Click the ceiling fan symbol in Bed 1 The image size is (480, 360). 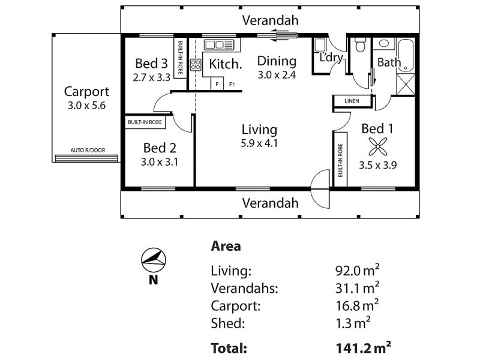376,146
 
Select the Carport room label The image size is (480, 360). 86,92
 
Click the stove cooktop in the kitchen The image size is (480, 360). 196,64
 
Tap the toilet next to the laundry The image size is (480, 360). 361,46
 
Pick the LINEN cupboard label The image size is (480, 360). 352,101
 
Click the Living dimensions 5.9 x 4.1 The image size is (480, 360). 259,143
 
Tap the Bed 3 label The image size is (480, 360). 151,63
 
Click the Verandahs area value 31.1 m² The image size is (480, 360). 357,288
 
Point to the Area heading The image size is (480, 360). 226,246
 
